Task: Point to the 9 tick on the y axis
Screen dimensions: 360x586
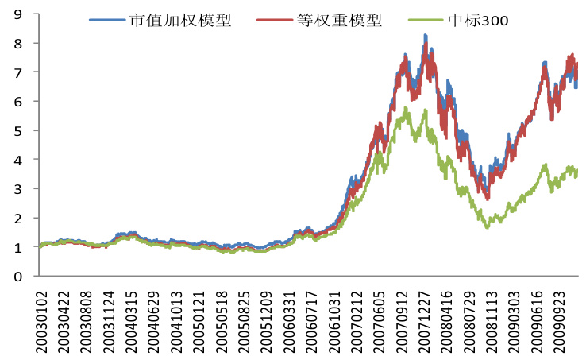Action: (x=17, y=14)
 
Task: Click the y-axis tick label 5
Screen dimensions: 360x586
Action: (x=17, y=130)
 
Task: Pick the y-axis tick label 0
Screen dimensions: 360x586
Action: (x=17, y=277)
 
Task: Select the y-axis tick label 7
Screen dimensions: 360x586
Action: (x=17, y=72)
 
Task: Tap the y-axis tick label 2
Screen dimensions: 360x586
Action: (x=17, y=218)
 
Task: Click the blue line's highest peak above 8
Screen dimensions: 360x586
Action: (x=425, y=36)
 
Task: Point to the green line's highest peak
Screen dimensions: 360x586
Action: (x=406, y=108)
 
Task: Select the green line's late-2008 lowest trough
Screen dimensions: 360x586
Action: (x=488, y=227)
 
